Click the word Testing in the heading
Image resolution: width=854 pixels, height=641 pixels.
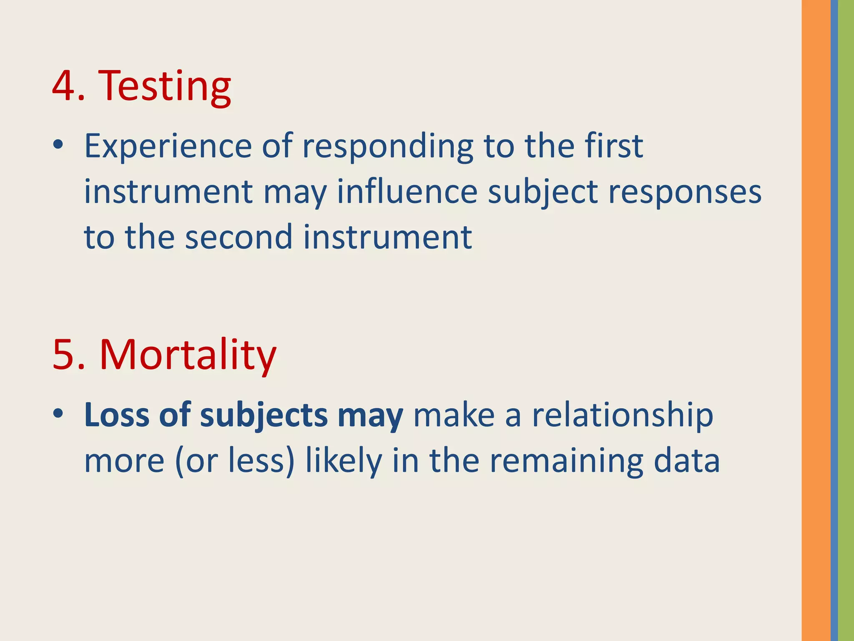[x=164, y=87]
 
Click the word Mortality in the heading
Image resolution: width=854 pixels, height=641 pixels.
[x=188, y=356]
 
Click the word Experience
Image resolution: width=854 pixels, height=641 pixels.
[x=168, y=147]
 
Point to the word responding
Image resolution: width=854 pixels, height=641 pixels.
[x=387, y=147]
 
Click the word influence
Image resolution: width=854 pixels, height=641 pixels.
[x=407, y=192]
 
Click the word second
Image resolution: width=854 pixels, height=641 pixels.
[x=239, y=237]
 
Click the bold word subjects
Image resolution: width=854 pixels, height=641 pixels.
[x=264, y=416]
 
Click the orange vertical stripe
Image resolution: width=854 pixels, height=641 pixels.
[x=816, y=320]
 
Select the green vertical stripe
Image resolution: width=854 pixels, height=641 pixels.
[x=846, y=320]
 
